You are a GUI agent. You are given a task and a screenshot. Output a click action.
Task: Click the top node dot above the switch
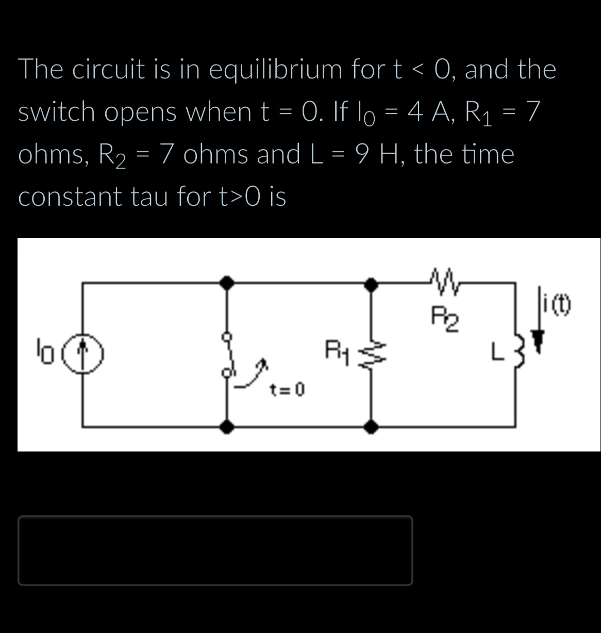click(x=227, y=282)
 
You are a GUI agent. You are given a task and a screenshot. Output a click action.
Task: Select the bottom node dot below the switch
click(x=227, y=427)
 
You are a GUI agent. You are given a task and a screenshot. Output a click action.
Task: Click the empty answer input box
click(x=215, y=550)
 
